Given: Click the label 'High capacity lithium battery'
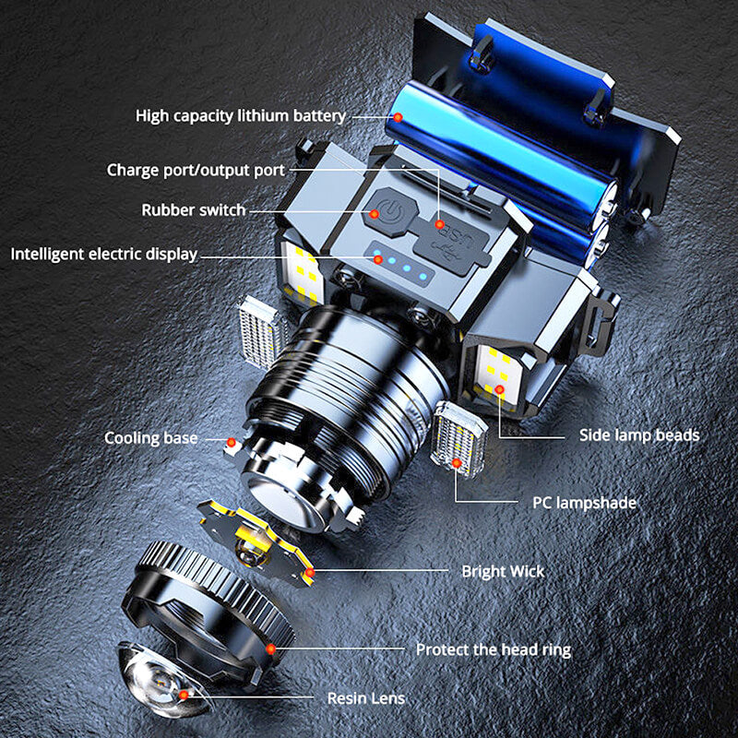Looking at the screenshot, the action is pyautogui.click(x=241, y=116).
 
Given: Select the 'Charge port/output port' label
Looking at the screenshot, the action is pyautogui.click(x=196, y=170).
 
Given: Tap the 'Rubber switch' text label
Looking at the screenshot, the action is pyautogui.click(x=194, y=210).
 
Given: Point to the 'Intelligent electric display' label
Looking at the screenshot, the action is pyautogui.click(x=104, y=255).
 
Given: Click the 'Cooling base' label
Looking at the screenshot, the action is pyautogui.click(x=150, y=438).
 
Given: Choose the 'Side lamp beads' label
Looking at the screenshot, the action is pyautogui.click(x=639, y=434).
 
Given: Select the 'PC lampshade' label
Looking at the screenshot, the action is pyautogui.click(x=584, y=503).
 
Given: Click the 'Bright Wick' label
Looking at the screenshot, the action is pyautogui.click(x=503, y=571).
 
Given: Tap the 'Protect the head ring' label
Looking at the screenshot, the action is pyautogui.click(x=494, y=649).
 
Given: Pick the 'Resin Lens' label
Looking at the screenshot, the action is pyautogui.click(x=365, y=698).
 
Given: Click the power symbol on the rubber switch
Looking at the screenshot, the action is pyautogui.click(x=390, y=211).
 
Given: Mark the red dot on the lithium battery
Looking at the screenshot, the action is pyautogui.click(x=398, y=117).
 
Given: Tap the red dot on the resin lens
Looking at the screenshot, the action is pyautogui.click(x=184, y=696).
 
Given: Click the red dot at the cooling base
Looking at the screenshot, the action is pyautogui.click(x=232, y=443).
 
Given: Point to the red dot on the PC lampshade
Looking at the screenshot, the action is pyautogui.click(x=456, y=463).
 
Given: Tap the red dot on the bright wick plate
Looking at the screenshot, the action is pyautogui.click(x=310, y=573).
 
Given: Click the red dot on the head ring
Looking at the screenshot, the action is pyautogui.click(x=270, y=649).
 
